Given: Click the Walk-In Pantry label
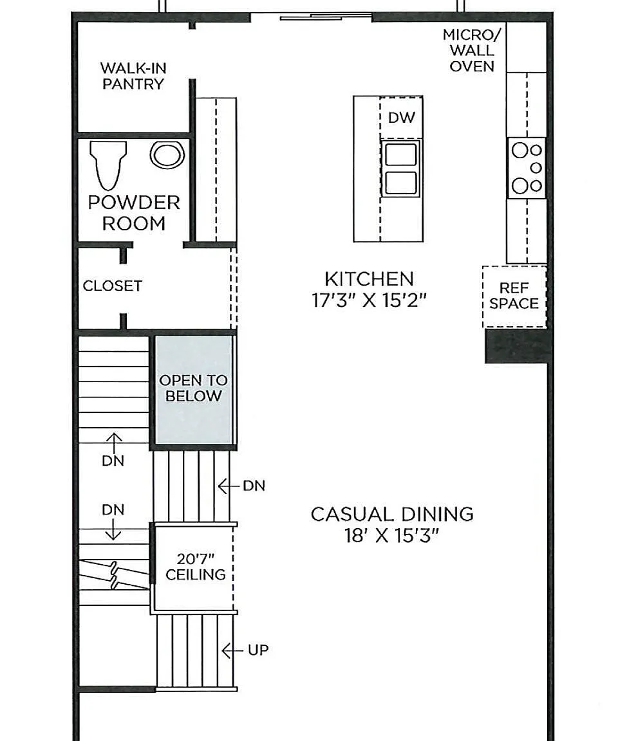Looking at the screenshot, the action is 133,76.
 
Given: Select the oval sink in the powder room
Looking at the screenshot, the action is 167,155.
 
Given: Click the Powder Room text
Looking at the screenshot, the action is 134,213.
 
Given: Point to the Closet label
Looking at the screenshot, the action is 112,286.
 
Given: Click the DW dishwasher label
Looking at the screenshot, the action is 402,118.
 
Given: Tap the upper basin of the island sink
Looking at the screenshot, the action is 401,154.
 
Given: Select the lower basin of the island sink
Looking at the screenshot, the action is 401,183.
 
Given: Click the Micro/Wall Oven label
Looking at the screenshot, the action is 471,51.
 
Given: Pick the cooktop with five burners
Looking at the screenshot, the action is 527,168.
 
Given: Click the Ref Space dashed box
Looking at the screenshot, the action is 514,297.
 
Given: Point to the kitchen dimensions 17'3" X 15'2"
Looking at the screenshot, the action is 369,300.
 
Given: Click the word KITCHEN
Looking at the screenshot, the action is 369,279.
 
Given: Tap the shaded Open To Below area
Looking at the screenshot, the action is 193,390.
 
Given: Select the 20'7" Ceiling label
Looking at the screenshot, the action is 195,567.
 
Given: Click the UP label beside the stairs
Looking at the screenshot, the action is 258,650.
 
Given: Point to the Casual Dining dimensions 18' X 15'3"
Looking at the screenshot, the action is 391,536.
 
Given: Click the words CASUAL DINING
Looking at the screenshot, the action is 392,514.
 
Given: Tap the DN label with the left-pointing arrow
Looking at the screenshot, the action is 254,486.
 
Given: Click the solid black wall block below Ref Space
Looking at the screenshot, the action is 517,347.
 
